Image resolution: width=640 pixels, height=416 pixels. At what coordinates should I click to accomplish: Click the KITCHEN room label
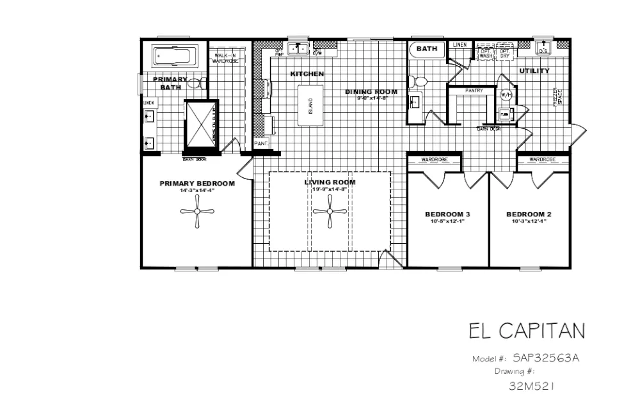(307, 74)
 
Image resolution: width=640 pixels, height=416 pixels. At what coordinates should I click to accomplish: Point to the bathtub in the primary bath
(175, 56)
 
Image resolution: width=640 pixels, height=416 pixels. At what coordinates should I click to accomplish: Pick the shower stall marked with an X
(200, 123)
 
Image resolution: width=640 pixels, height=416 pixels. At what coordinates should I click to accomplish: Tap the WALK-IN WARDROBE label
(225, 58)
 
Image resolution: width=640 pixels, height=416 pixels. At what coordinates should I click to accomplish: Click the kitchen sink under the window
(298, 49)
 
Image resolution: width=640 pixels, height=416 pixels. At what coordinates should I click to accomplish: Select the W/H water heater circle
(506, 95)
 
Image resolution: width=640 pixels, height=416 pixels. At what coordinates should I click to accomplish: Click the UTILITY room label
(534, 71)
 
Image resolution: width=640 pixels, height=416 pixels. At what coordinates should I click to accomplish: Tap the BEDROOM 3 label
(448, 214)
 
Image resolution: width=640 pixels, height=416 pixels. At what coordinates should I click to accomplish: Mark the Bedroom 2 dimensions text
(529, 221)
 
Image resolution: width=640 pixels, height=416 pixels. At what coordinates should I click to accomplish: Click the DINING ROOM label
(371, 92)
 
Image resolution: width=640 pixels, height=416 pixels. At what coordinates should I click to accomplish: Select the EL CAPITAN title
(526, 331)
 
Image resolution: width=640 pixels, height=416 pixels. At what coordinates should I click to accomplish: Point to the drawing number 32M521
(531, 386)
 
